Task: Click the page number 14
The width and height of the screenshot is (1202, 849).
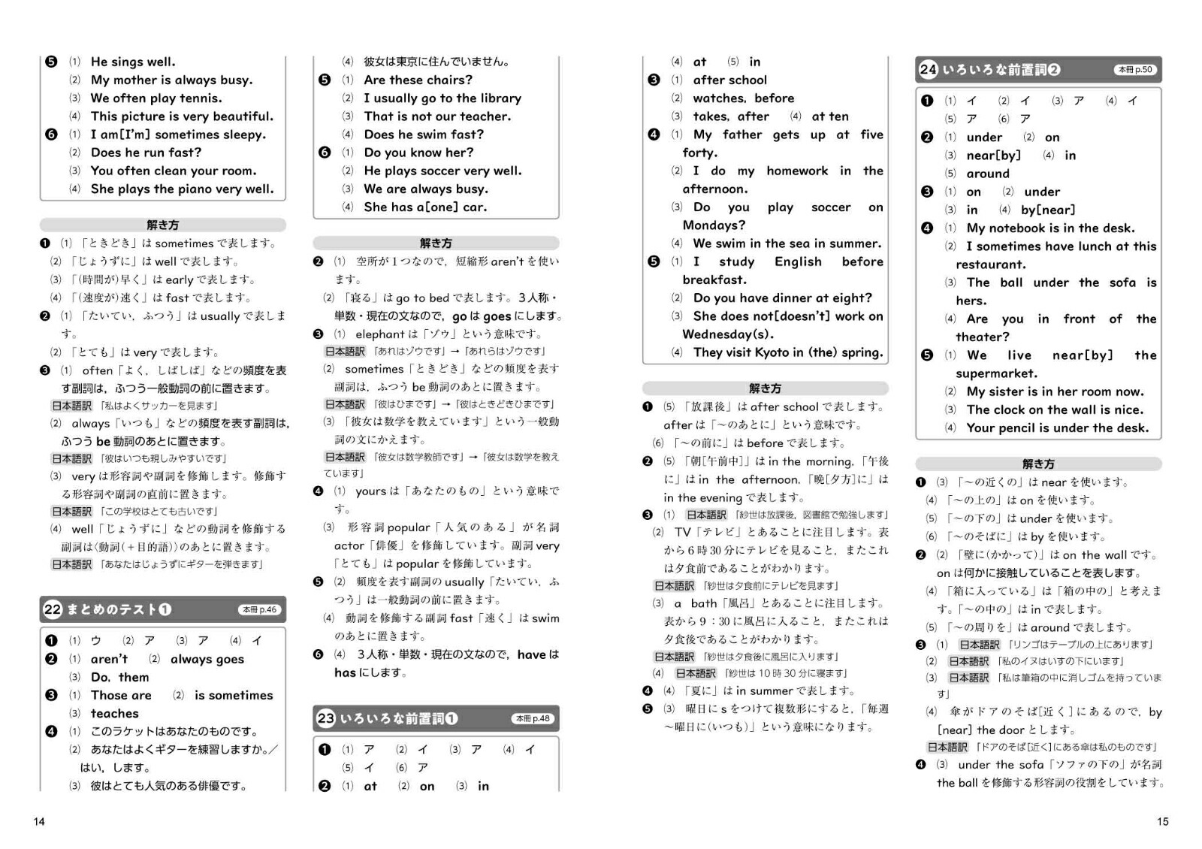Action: pyautogui.click(x=39, y=821)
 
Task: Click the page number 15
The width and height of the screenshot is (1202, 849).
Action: pyautogui.click(x=1162, y=821)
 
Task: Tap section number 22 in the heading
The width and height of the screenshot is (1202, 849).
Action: pyautogui.click(x=53, y=609)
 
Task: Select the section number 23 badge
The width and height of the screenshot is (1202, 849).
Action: pyautogui.click(x=325, y=718)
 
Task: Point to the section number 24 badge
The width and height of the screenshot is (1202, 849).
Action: pyautogui.click(x=929, y=70)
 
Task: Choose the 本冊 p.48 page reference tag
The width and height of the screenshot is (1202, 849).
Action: pyautogui.click(x=533, y=719)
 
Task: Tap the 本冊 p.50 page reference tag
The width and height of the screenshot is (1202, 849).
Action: pyautogui.click(x=1135, y=70)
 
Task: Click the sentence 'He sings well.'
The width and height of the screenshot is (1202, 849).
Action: pyautogui.click(x=133, y=62)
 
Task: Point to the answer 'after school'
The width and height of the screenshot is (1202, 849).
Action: pyautogui.click(x=729, y=80)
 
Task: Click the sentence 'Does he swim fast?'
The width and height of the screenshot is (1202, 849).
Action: pyautogui.click(x=424, y=134)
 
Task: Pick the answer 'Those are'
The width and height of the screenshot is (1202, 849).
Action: pyautogui.click(x=121, y=695)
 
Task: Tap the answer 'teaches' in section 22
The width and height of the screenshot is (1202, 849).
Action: pyautogui.click(x=114, y=713)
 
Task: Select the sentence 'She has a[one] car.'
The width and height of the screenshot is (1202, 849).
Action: pyautogui.click(x=425, y=207)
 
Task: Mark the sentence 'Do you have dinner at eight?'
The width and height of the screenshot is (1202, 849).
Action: pyautogui.click(x=782, y=298)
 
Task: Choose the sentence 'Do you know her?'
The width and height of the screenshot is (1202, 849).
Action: pyautogui.click(x=418, y=153)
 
